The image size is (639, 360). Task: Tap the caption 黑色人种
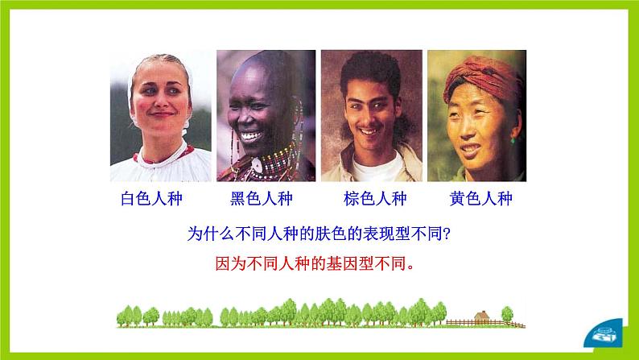pos(262,199)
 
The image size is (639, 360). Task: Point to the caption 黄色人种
pos(481,199)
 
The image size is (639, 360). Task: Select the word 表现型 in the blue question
pos(379,235)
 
